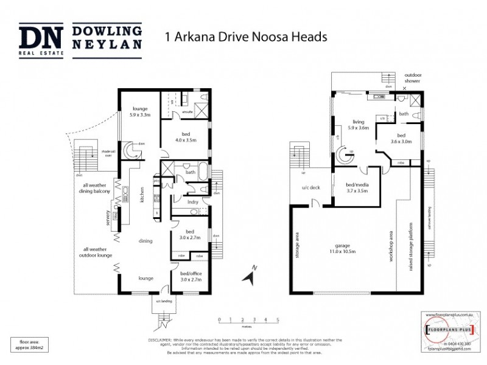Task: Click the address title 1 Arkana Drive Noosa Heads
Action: (x=247, y=36)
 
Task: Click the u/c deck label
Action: (x=310, y=187)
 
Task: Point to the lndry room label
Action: (x=193, y=201)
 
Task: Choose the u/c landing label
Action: (x=163, y=301)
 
